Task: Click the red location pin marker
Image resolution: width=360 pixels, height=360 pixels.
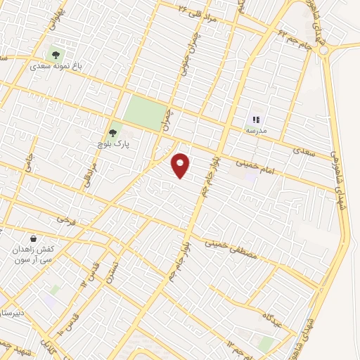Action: (x=181, y=165)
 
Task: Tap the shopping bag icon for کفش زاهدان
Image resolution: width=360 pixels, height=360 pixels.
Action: (x=34, y=238)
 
